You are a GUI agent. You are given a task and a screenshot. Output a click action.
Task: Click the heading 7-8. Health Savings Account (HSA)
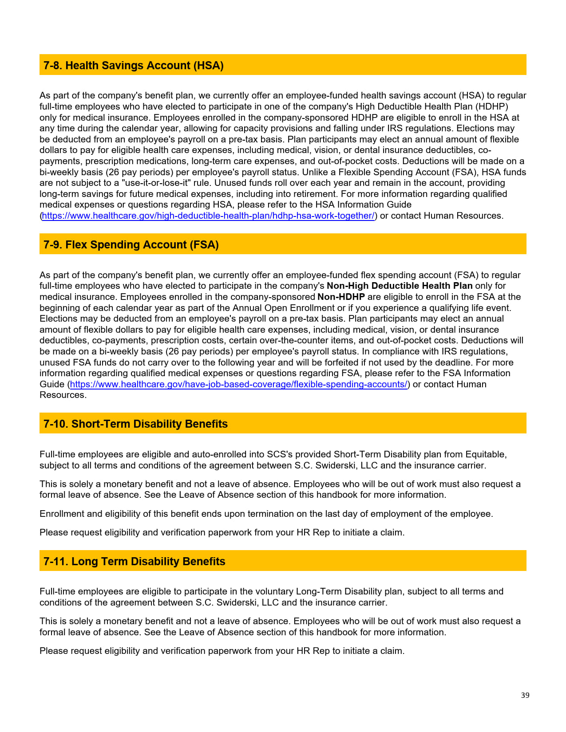coord(133,66)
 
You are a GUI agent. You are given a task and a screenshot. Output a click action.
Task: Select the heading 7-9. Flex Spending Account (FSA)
coord(131,245)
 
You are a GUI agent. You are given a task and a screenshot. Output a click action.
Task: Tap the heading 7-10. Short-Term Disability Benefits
coord(135,424)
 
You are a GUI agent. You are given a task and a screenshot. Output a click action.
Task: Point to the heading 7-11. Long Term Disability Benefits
coord(134,562)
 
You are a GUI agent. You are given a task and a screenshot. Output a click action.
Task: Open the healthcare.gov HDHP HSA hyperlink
coord(208,216)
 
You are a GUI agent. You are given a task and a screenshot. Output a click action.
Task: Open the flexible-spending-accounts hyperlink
coord(238,385)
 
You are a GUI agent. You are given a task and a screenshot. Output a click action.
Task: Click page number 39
coord(525,695)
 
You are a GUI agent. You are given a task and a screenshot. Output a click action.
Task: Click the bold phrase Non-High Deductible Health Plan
coord(400,286)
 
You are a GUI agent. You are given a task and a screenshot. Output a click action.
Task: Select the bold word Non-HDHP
coord(341,297)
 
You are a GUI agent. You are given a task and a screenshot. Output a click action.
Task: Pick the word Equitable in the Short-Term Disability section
coord(486,455)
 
